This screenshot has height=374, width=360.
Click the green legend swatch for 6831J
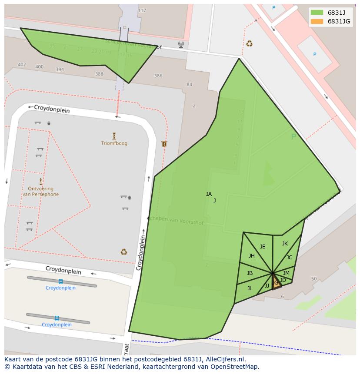317,13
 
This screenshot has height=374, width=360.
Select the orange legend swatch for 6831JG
317,21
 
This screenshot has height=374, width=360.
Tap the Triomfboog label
114,143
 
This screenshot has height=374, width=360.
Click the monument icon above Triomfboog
114,136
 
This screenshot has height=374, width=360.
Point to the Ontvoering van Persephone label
40,192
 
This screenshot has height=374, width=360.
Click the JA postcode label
209,194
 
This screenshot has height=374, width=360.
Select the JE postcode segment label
263,247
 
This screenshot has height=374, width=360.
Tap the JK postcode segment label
285,244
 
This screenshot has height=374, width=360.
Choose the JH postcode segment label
252,256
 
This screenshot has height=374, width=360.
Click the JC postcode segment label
290,258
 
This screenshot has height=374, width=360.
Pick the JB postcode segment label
250,273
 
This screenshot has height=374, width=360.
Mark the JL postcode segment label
250,288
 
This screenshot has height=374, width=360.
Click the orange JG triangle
276,283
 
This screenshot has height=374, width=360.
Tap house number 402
22,65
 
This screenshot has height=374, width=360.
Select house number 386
158,76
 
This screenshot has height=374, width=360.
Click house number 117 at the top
142,10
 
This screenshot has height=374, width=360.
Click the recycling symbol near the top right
249,43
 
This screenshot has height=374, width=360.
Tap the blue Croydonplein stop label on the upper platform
60,288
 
